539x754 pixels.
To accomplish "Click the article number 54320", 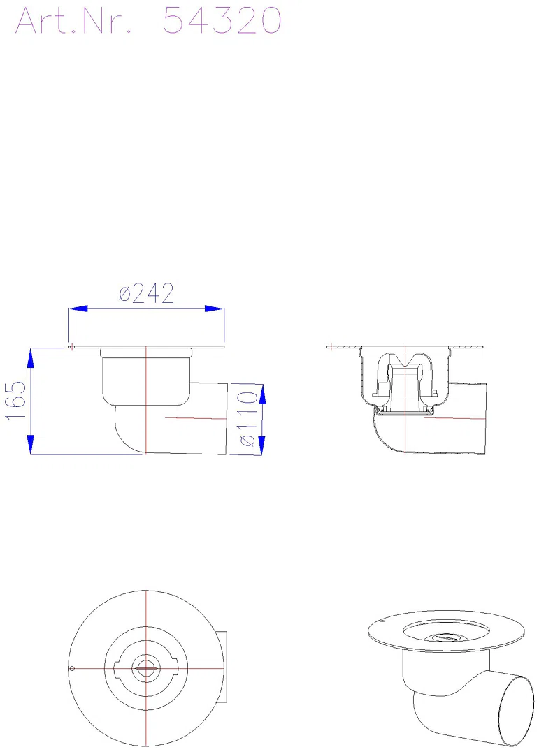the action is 222,21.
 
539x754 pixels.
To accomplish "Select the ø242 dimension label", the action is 146,293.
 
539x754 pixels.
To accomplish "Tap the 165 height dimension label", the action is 16,401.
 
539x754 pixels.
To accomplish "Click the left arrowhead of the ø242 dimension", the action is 78,309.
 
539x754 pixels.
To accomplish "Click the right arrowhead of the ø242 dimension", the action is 215,309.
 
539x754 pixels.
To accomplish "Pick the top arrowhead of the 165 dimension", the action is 31,357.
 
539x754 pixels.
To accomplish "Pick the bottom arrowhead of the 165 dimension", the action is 31,444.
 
